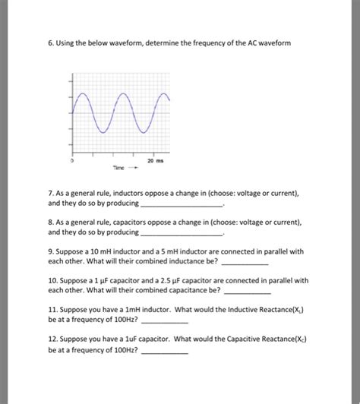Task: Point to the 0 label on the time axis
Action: point(72,161)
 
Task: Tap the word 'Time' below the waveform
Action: point(118,171)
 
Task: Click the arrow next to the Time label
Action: point(136,171)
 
